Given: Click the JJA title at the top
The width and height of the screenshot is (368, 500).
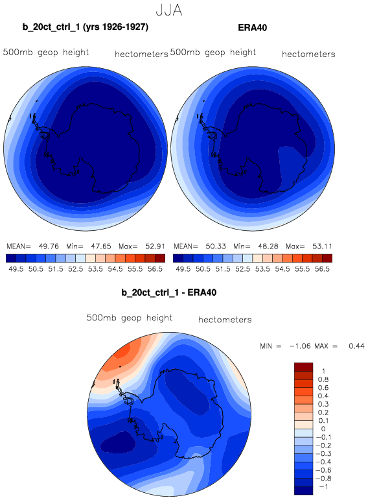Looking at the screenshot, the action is [169, 10].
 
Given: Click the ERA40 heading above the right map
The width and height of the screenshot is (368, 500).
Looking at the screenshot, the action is [252, 28].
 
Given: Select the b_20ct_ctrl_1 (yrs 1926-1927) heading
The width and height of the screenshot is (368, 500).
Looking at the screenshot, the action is [85, 27].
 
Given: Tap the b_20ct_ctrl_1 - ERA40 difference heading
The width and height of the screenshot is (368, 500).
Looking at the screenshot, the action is [169, 292].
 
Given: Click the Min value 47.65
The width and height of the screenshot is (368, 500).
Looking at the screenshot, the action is [101, 246].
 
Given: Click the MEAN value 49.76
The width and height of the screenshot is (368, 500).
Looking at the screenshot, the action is [49, 246].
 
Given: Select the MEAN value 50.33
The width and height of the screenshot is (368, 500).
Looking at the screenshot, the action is [216, 246].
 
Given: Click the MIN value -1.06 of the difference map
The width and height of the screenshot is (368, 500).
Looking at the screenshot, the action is [299, 346].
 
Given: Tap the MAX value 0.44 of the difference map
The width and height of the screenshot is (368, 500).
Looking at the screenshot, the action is [356, 346].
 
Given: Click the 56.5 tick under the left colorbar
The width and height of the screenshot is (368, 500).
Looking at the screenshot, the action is [155, 269].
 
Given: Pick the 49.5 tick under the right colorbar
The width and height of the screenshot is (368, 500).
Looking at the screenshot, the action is [183, 269].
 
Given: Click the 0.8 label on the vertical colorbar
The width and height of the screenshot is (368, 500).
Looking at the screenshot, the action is [323, 379].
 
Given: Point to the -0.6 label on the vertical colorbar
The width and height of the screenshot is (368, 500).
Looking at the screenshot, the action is [323, 470].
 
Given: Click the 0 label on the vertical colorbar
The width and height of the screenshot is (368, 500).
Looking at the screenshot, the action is [323, 429].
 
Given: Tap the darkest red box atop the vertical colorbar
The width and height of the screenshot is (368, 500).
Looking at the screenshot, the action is [304, 366].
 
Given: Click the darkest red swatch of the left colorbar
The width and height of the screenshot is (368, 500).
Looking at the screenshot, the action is [160, 258].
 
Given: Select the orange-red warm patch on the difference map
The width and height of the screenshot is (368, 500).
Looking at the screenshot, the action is [125, 353].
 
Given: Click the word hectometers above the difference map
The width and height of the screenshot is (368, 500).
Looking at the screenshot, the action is [225, 320].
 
